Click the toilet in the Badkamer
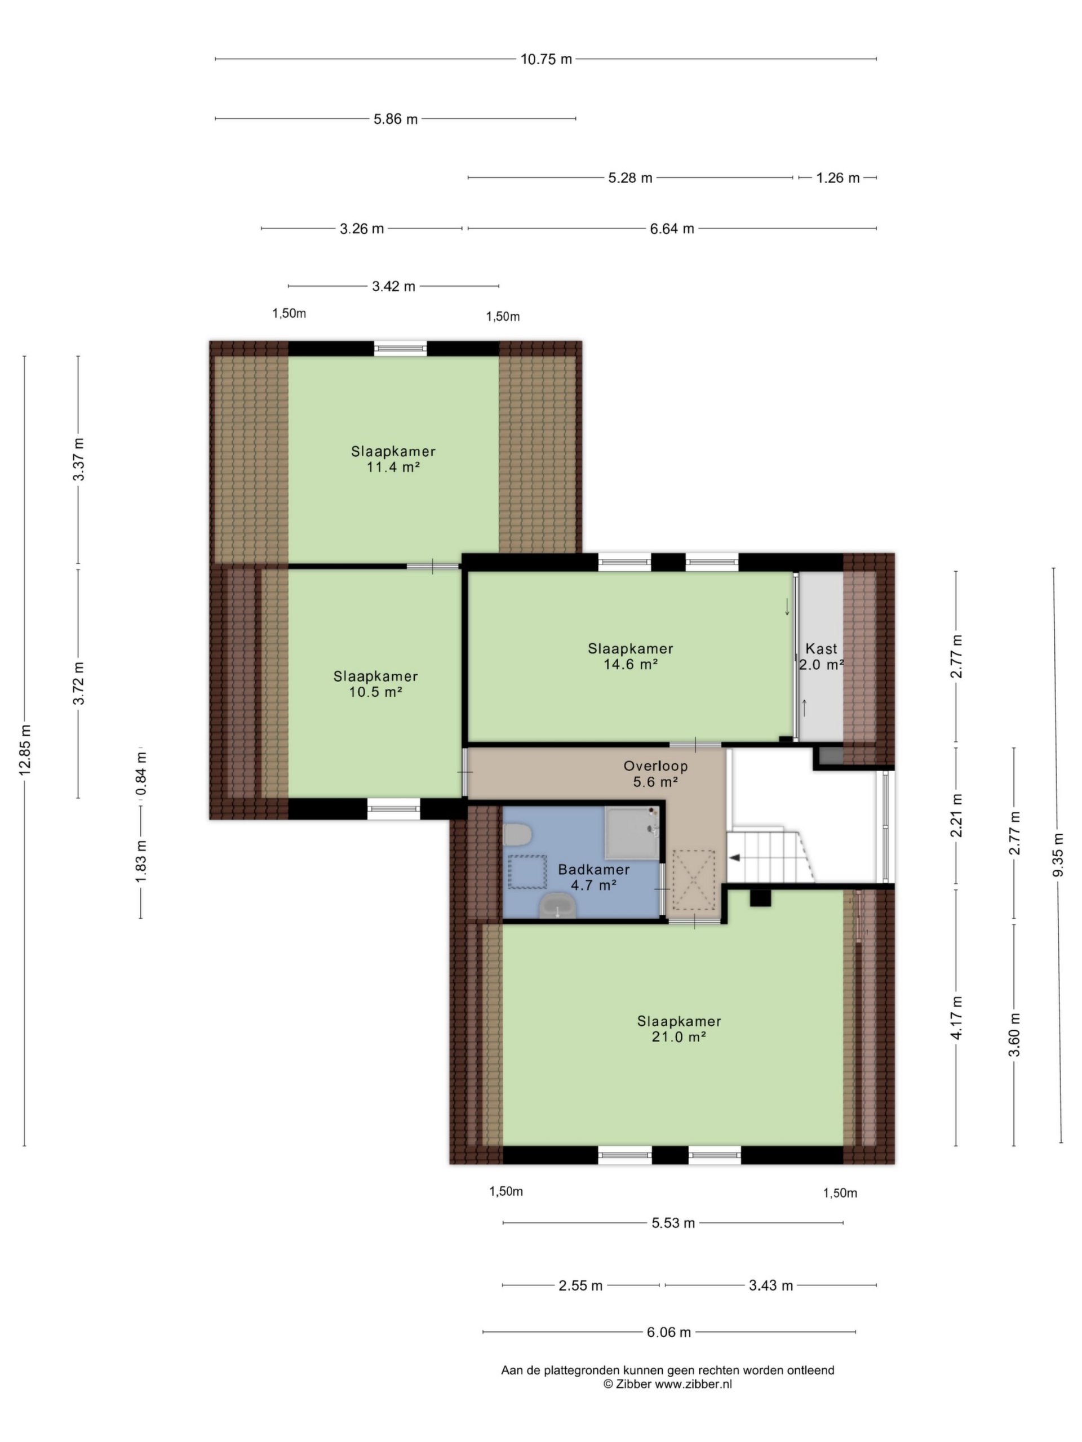pyautogui.click(x=518, y=833)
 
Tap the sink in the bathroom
pyautogui.click(x=557, y=906)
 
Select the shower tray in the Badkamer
pyautogui.click(x=632, y=833)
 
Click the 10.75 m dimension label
pyautogui.click(x=546, y=59)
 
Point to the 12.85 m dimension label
pyautogui.click(x=25, y=750)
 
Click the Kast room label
pyautogui.click(x=821, y=649)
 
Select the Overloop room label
pyautogui.click(x=655, y=766)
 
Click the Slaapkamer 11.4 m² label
pyautogui.click(x=393, y=459)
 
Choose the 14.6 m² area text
pyautogui.click(x=630, y=664)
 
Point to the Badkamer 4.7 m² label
pyautogui.click(x=593, y=877)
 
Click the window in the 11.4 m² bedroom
pyautogui.click(x=401, y=348)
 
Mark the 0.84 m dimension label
pyautogui.click(x=141, y=773)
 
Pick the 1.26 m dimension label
pyautogui.click(x=838, y=177)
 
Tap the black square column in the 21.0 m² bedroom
pyautogui.click(x=760, y=898)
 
